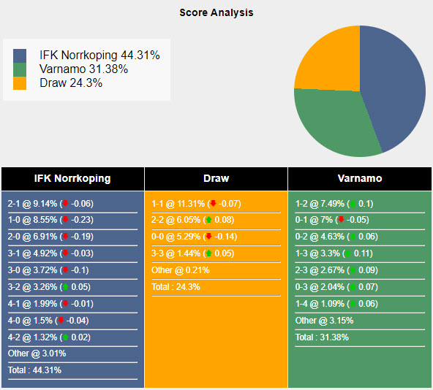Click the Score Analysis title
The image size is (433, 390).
point(217,12)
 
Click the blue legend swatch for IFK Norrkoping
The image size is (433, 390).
point(20,56)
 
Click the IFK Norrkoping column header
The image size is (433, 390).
point(72,178)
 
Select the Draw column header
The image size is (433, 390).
point(216,178)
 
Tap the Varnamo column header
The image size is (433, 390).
point(360,178)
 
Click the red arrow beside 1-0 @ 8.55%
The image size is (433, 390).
point(65,220)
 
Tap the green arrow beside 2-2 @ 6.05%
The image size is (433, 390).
point(208,220)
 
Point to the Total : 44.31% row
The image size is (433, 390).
point(35,370)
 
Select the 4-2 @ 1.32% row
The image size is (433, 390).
point(51,337)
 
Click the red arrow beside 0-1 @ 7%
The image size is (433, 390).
point(341,220)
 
